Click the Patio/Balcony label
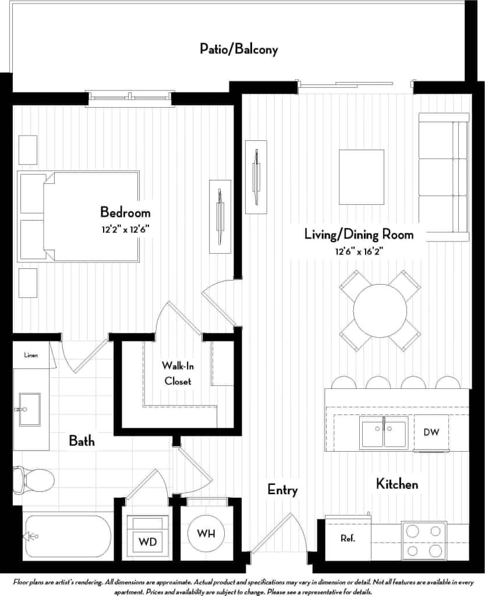pos(239,49)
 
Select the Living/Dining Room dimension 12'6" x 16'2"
pos(359,251)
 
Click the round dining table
pos(380,310)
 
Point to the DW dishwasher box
pos(431,432)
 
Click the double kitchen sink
pos(383,432)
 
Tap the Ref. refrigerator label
pos(348,538)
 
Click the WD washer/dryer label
pos(148,542)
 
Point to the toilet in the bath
pos(34,480)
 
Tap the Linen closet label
pos(31,355)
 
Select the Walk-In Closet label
pos(177,374)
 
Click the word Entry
pos(282,489)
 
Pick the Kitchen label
pos(397,483)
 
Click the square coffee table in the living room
pos(362,177)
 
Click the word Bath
pos(82,441)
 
